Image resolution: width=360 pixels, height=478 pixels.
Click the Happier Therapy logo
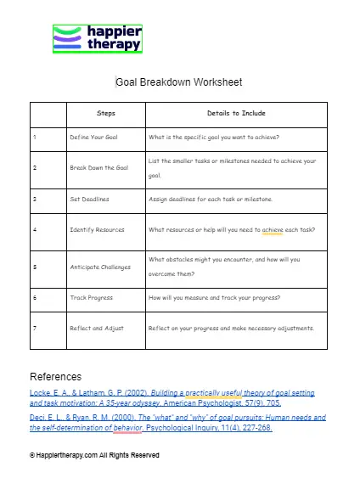click(97, 38)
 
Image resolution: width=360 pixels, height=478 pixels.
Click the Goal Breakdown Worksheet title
click(179, 82)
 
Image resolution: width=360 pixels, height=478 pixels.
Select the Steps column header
click(107, 113)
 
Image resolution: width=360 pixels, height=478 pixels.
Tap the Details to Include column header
click(236, 113)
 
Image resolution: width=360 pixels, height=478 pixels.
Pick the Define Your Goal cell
click(93, 136)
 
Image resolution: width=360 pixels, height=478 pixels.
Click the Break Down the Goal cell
click(98, 167)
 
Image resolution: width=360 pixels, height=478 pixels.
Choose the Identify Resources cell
click(97, 229)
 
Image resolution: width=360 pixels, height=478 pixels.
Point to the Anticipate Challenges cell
click(100, 266)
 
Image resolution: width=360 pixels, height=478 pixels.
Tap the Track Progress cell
click(92, 297)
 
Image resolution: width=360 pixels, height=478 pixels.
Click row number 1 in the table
click(34, 136)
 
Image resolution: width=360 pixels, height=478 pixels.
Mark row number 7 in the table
click(34, 328)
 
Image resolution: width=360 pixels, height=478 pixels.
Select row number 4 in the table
click(34, 229)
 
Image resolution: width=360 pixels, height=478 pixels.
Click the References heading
click(55, 376)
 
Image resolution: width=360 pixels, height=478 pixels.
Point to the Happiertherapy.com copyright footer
click(94, 456)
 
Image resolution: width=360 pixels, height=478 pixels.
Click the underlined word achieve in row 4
click(272, 229)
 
